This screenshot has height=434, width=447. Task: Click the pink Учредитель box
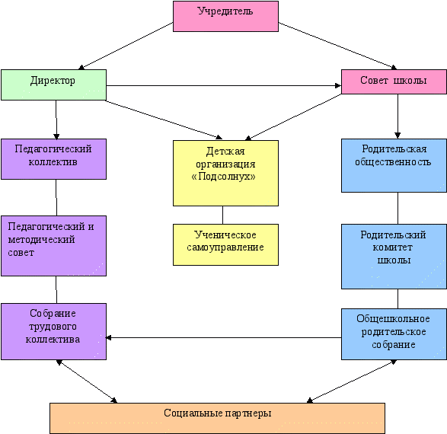pos(225,16)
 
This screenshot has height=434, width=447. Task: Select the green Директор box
pos(53,85)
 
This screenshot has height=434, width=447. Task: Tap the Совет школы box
pos(394,81)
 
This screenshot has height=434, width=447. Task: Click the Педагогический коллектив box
pos(53,159)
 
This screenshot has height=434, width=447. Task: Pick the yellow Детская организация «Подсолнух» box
pos(225,173)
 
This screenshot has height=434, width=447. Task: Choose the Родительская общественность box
pos(394,165)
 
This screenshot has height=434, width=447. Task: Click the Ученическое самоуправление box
pos(225,244)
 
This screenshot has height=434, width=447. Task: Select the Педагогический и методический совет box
pos(53,246)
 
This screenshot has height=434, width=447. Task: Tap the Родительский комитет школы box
pos(394,256)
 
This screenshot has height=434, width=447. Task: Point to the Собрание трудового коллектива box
pos(53,331)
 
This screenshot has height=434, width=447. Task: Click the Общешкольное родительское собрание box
pos(394,334)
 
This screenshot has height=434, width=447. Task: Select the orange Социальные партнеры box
pos(217,418)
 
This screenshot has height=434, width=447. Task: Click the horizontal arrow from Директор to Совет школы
pos(224,85)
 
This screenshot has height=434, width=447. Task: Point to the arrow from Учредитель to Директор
pos(126,46)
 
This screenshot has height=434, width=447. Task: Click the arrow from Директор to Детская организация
pos(164,120)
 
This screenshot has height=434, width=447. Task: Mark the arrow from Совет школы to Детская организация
pos(293,116)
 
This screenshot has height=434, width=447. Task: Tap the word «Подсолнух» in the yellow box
pos(224,177)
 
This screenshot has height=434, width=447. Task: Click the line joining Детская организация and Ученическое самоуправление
pos(222,215)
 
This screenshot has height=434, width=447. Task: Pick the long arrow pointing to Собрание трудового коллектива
pos(224,337)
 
